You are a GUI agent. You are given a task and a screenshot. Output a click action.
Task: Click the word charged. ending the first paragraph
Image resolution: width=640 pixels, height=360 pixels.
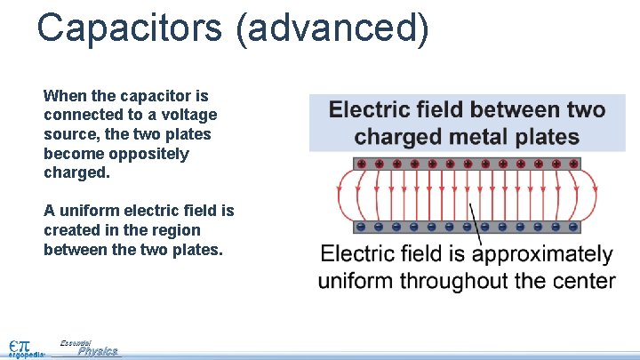[76, 173]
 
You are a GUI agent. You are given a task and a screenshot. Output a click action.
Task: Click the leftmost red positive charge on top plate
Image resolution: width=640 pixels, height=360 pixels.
[361, 164]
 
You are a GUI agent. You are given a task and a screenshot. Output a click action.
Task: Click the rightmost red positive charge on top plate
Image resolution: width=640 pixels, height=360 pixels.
[572, 164]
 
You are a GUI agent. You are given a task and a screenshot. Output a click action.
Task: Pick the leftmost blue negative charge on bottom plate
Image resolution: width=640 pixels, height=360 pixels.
[361, 226]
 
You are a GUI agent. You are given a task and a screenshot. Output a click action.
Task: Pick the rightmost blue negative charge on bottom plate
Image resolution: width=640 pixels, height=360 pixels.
[572, 226]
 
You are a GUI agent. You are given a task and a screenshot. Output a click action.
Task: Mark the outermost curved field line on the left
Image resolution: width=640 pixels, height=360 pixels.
[339, 196]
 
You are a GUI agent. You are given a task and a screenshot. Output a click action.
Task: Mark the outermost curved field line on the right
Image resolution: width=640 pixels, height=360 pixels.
[595, 196]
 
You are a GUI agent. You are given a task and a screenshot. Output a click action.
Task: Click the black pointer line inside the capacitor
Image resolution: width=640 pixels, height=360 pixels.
[475, 218]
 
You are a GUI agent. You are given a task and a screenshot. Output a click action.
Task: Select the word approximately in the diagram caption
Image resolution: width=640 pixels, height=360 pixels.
[544, 255]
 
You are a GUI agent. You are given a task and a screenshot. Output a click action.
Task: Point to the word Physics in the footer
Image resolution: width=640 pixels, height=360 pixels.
[97, 352]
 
